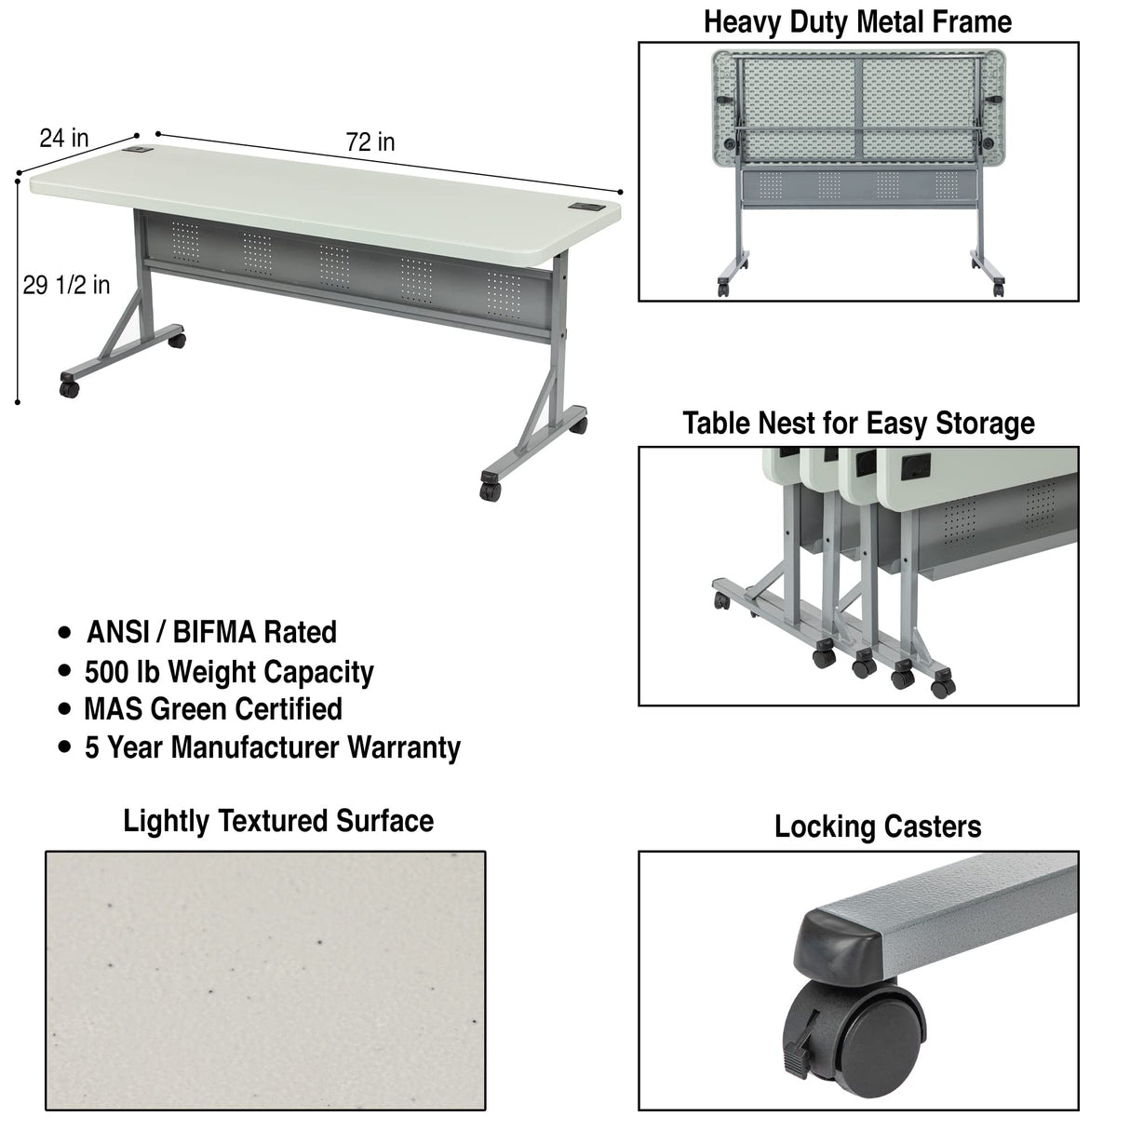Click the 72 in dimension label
point(370,142)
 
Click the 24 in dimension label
point(64,139)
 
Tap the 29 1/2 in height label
point(66,285)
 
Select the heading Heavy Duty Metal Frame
point(857,21)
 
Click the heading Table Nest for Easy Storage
point(858,424)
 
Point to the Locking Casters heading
point(878,827)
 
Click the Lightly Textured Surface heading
point(278,821)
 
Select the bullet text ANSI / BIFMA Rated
point(211,632)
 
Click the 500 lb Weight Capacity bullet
point(229,671)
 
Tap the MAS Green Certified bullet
point(213,709)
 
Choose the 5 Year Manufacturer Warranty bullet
point(273,747)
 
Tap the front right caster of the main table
point(490,488)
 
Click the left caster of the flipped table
point(723,287)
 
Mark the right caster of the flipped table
point(998,287)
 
